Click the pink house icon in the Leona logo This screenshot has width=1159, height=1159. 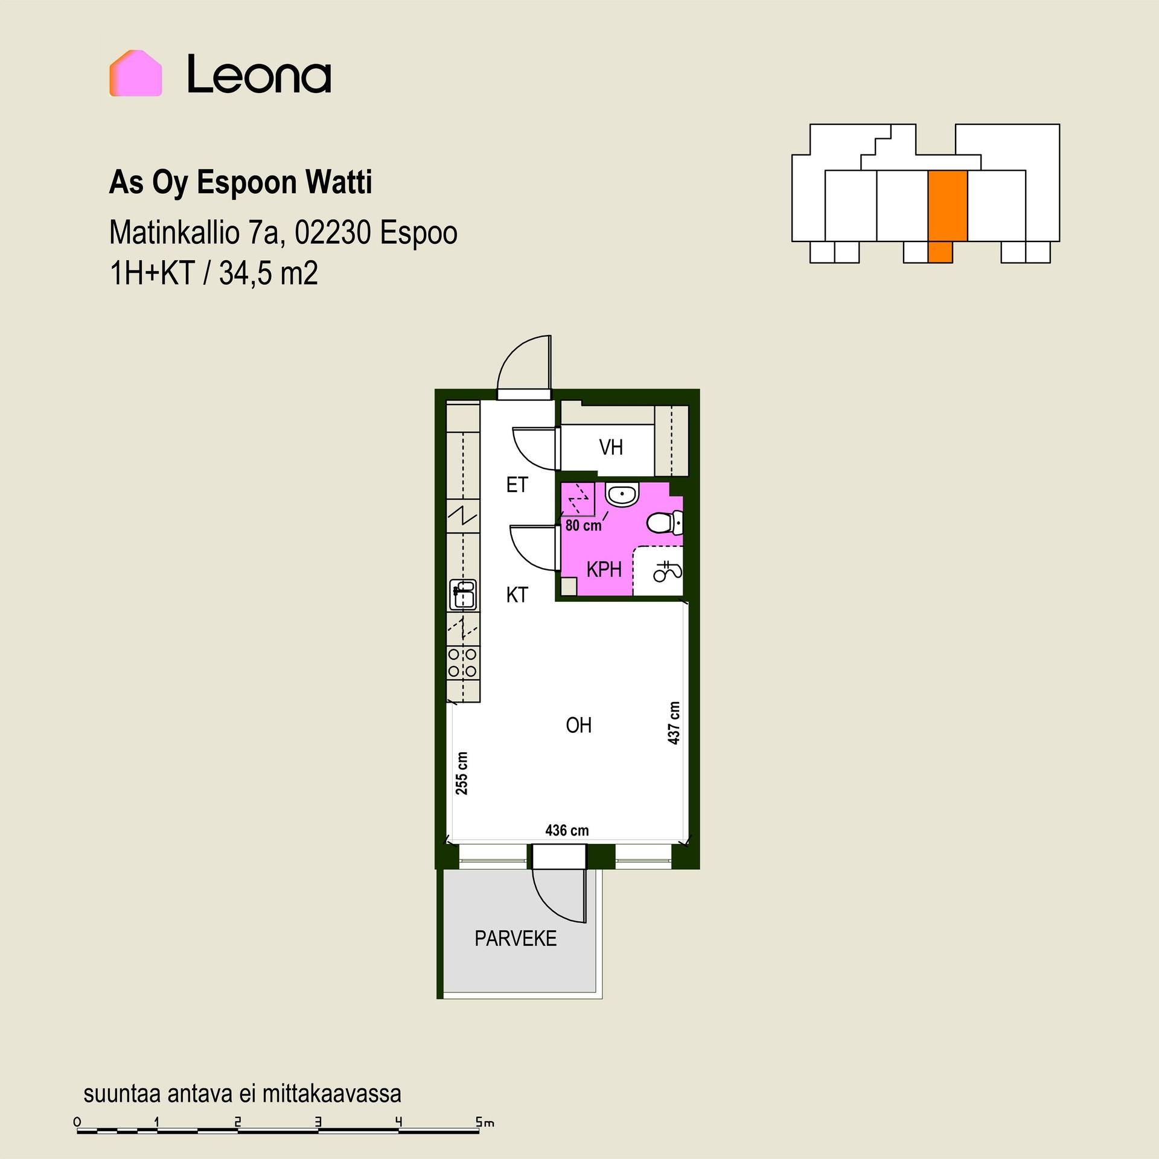pos(135,73)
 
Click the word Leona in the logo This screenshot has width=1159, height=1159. pos(259,74)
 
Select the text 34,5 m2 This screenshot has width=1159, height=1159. pos(268,275)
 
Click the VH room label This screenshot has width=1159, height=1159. pos(611,447)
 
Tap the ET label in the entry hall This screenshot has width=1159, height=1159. pos(517,485)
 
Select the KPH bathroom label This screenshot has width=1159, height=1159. pos(604,569)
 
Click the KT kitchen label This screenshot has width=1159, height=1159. pos(517,595)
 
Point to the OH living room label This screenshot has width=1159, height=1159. pos(578,725)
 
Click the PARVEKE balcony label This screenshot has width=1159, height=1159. pos(516,939)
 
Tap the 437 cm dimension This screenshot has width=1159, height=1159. pos(674,723)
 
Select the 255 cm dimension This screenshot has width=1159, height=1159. pos(462,773)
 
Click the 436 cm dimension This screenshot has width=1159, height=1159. pos(567,831)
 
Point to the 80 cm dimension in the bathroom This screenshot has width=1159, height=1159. pos(583,525)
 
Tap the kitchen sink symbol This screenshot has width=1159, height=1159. pos(463,595)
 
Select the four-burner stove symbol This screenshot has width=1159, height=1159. pos(463,662)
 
